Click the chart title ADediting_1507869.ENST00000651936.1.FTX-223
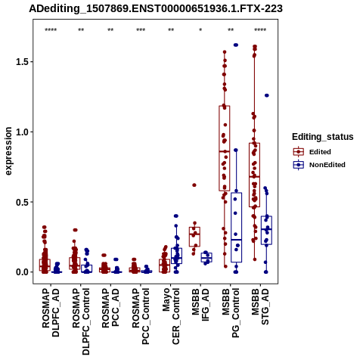pos(156,9)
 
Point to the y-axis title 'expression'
pos(8,151)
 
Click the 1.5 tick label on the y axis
pos(21,62)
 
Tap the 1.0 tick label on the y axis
pos(21,132)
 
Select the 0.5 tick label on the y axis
pos(21,202)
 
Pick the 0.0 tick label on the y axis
pos(21,272)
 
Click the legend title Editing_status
pos(323,137)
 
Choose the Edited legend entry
pos(312,152)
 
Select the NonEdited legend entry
pos(319,165)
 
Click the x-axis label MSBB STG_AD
pos(260,307)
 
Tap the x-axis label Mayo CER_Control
pos(171,316)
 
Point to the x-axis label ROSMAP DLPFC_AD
pos(51,312)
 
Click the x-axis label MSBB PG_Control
pos(231,313)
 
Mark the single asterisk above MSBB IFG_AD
pos(200,30)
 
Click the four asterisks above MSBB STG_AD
pos(260,30)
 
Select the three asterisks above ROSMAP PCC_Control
pos(141,30)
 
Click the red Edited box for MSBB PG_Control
pos(225,148)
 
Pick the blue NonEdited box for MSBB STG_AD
pos(266,230)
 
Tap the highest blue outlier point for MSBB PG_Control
pos(236,45)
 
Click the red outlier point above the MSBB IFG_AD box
pos(194,185)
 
